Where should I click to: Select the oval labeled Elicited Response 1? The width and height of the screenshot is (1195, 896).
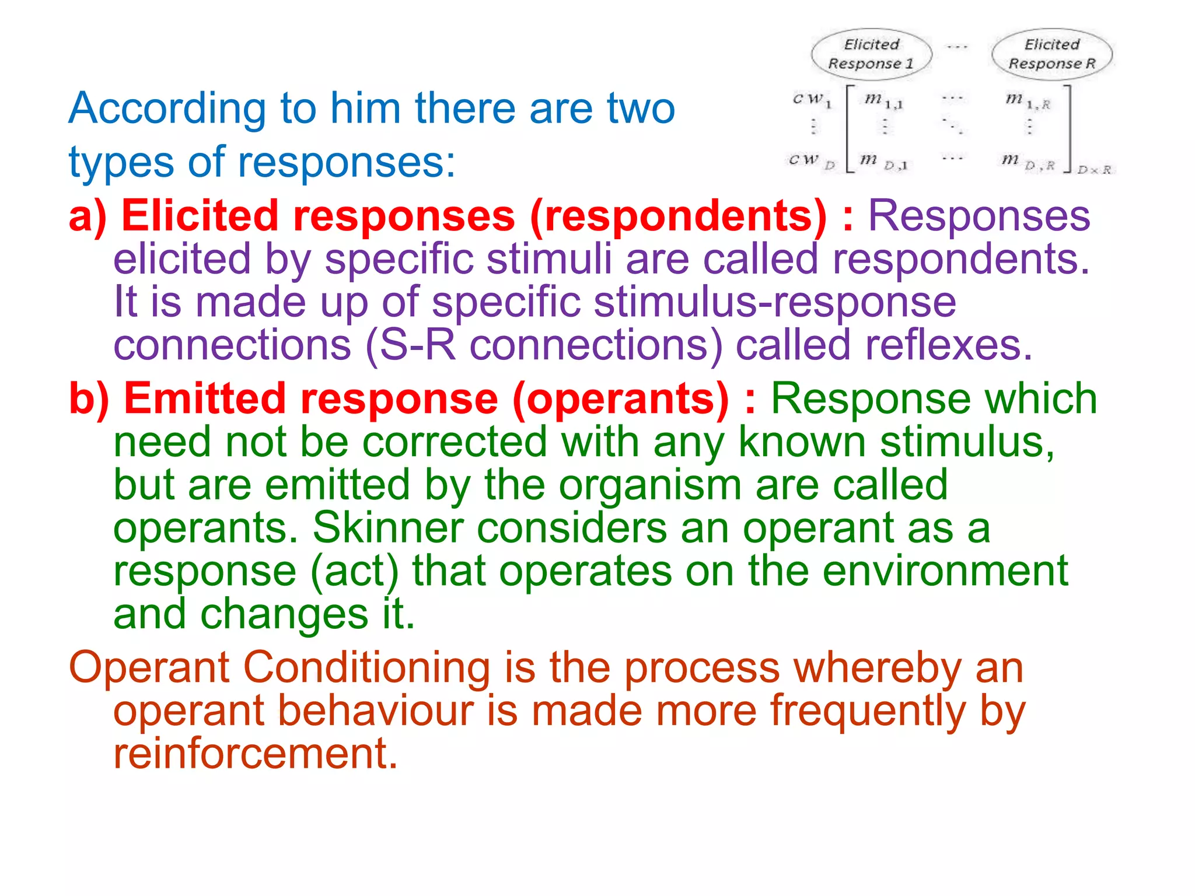coord(871,54)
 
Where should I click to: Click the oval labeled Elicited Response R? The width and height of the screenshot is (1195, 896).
coord(1052,54)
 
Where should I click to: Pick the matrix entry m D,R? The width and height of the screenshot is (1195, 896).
coord(1028,162)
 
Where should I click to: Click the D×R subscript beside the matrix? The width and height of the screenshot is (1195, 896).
coord(1093,170)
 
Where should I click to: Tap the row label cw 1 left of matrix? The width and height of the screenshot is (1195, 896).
coord(812,100)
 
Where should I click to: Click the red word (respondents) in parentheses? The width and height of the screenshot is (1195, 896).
coord(679,216)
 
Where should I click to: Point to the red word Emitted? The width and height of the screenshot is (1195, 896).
coord(204,399)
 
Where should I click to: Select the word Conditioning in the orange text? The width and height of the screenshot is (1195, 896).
coord(366,667)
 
